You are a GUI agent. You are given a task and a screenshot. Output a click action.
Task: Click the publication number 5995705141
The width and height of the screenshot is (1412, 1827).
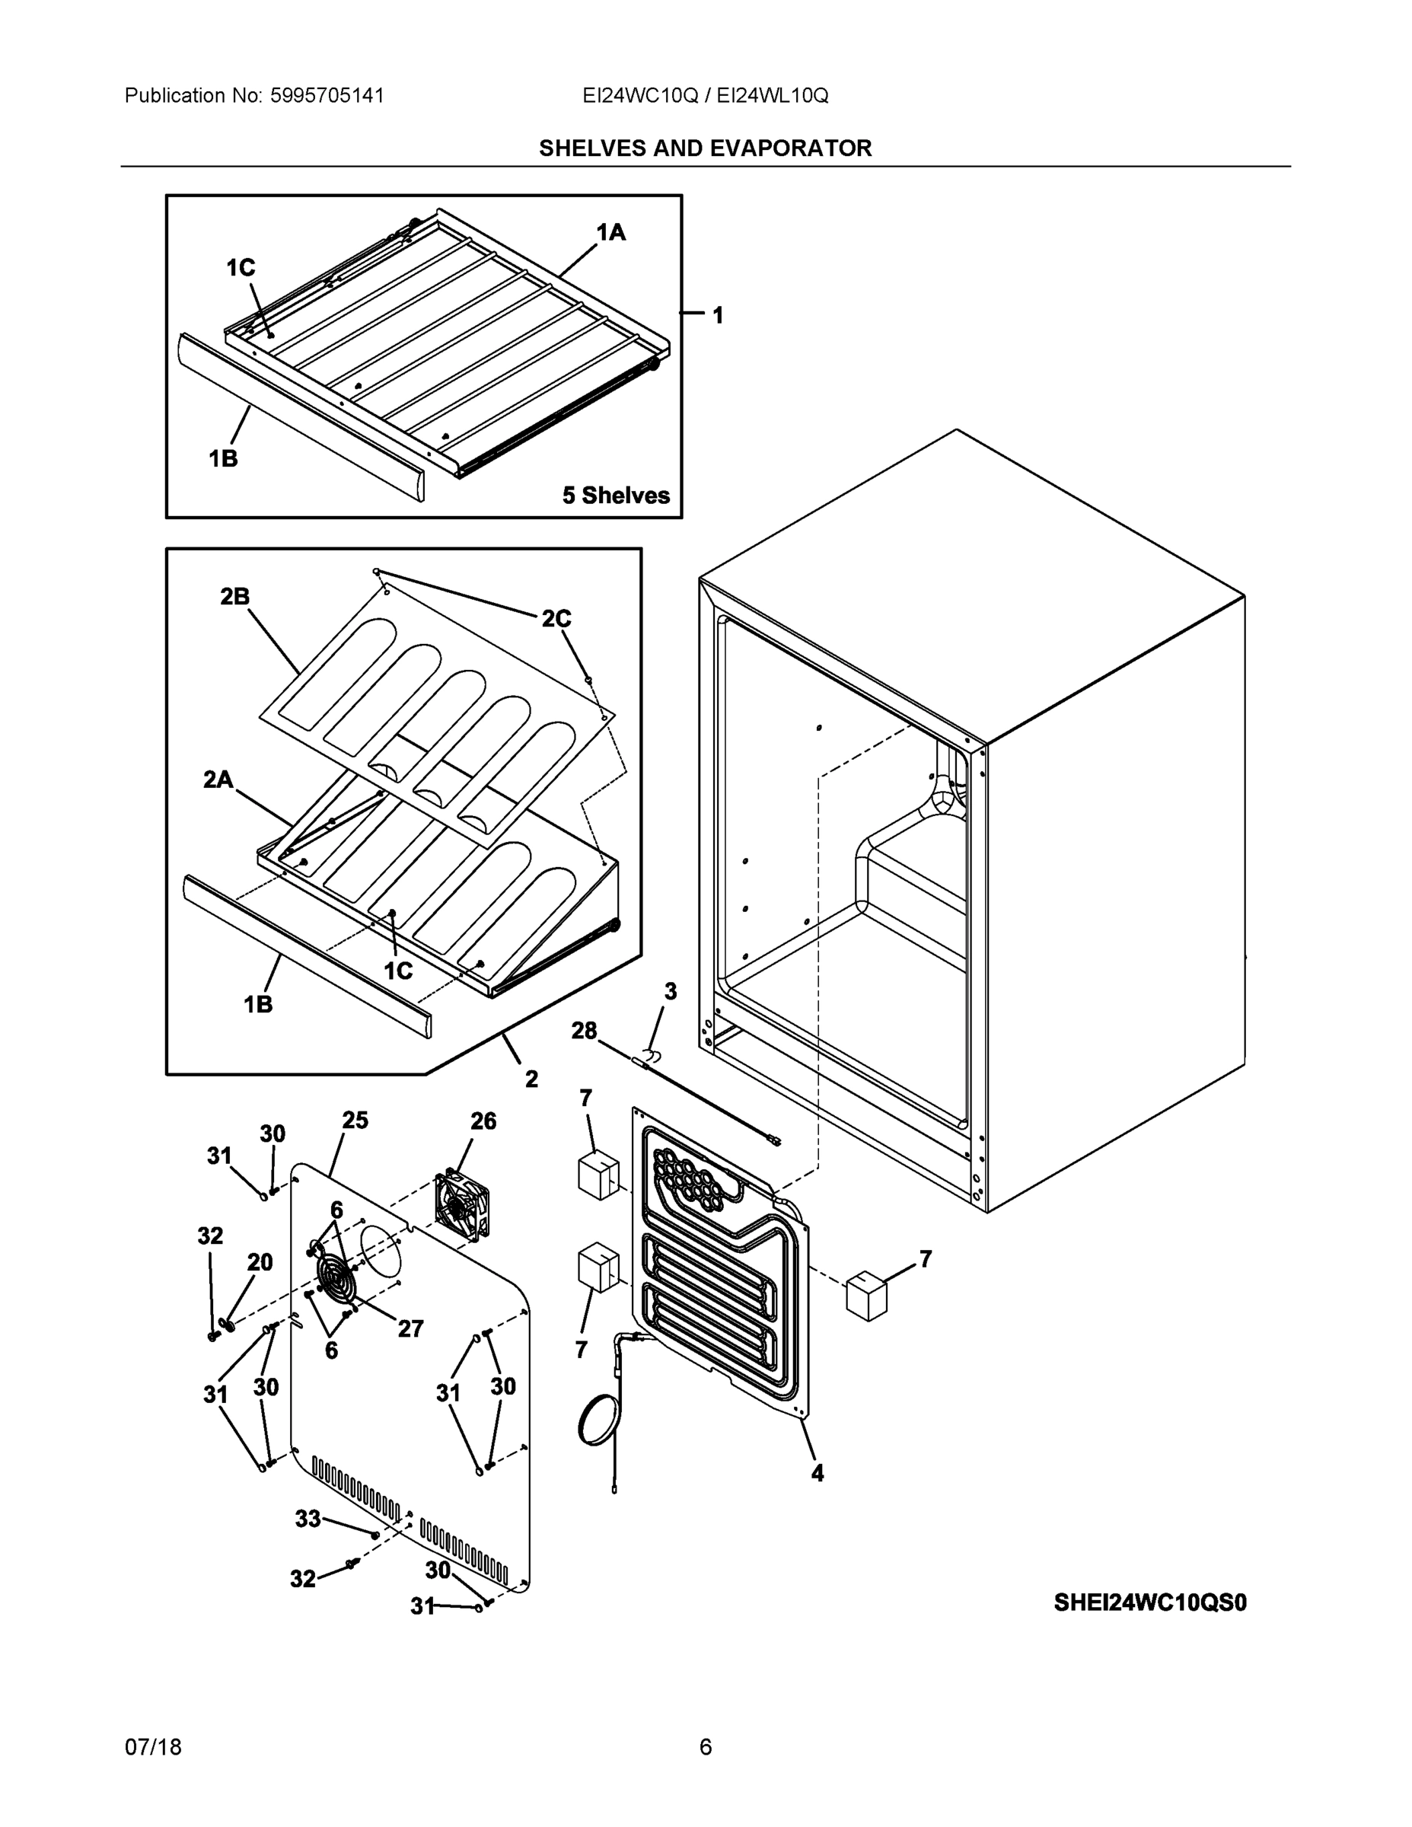[327, 95]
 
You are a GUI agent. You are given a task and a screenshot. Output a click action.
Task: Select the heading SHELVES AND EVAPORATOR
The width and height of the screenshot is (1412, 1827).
[705, 148]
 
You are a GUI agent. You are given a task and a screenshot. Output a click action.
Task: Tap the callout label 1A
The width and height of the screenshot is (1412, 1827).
[610, 231]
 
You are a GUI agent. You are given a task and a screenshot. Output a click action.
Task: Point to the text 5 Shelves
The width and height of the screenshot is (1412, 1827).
[616, 496]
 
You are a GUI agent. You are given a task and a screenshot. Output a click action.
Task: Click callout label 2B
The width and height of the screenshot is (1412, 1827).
[235, 597]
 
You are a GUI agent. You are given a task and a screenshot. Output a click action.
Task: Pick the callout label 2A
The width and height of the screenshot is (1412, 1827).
[218, 780]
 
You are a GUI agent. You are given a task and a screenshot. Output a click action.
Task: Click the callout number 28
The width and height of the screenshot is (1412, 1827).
[584, 1031]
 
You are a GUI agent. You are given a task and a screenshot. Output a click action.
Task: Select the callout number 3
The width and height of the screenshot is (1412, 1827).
[670, 991]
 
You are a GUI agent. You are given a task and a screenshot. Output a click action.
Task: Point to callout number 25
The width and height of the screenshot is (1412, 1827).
[355, 1120]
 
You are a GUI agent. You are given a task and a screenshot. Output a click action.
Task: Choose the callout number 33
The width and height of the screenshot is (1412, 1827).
[308, 1519]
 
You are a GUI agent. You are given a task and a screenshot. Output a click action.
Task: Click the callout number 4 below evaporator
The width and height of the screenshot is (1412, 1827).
[818, 1473]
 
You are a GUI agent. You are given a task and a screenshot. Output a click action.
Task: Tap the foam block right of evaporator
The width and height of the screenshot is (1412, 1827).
[866, 1296]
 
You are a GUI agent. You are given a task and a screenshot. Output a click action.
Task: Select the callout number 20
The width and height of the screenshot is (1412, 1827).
[260, 1261]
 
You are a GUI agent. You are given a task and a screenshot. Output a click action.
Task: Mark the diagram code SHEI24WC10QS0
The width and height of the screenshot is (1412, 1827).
[1150, 1602]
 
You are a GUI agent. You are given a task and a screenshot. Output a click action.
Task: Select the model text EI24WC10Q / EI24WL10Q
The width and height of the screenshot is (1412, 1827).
[705, 95]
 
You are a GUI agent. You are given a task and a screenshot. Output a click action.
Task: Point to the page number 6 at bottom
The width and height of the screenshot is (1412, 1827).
[705, 1747]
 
